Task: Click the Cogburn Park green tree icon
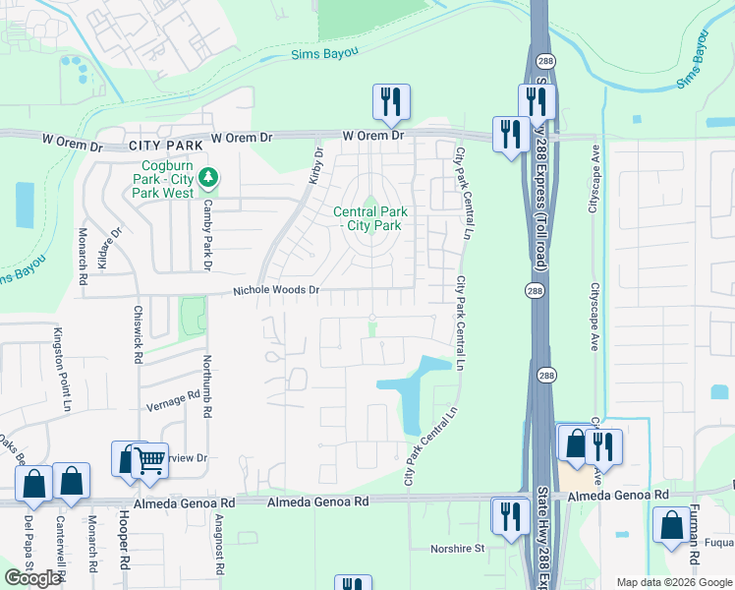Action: [x=207, y=178]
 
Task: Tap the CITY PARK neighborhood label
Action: [x=165, y=146]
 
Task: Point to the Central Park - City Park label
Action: [x=369, y=218]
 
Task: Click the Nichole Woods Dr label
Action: [x=276, y=291]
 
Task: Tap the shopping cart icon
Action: [x=148, y=459]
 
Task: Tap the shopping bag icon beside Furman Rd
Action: [x=672, y=526]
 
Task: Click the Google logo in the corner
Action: [x=32, y=578]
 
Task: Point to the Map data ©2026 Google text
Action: [x=673, y=582]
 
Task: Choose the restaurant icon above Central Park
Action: [x=391, y=102]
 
